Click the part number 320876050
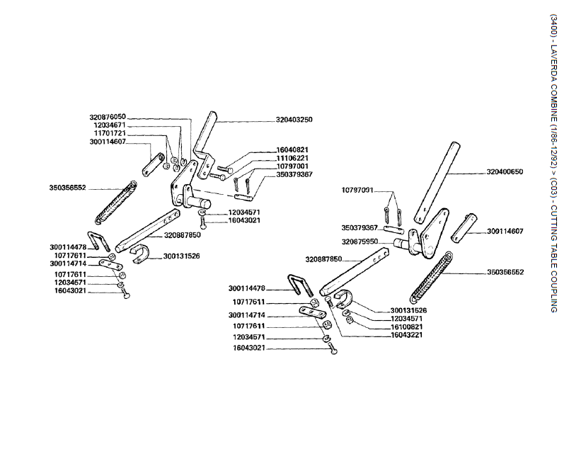coord(108,117)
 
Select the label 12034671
coord(110,125)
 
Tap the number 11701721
coord(110,133)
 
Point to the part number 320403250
coord(294,120)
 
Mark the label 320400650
coord(505,172)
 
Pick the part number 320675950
coord(360,242)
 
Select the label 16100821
coord(408,327)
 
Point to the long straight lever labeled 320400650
coord(437,177)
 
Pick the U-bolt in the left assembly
coord(96,240)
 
